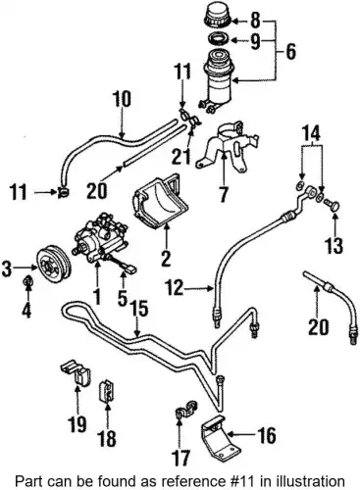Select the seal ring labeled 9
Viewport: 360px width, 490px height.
[x=218, y=39]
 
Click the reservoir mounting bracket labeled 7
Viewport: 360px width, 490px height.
[x=227, y=145]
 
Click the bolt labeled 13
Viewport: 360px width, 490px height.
[x=333, y=205]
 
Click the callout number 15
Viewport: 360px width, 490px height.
[x=139, y=309]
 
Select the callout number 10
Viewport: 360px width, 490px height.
[x=122, y=99]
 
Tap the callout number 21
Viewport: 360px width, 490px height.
[x=181, y=154]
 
